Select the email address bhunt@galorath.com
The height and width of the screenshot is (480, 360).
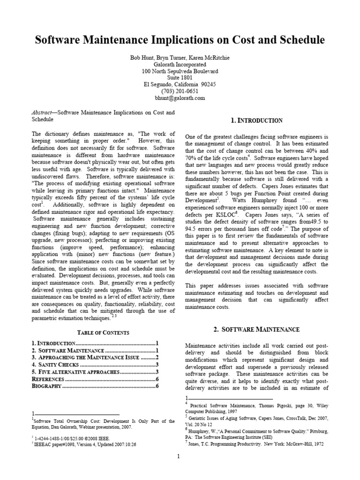tap(180, 98)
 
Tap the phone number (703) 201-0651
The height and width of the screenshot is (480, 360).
tap(180, 91)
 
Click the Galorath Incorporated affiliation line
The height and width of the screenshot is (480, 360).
tap(180, 65)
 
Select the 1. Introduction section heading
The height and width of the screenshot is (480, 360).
tap(257, 120)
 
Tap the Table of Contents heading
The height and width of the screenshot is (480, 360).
tap(97, 332)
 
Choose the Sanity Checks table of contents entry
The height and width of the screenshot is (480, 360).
tap(58, 364)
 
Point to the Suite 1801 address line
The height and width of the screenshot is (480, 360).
tap(180, 78)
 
